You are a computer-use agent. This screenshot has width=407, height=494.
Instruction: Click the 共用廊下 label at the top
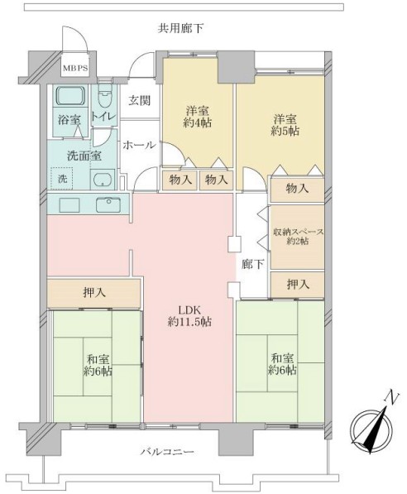pos(180,29)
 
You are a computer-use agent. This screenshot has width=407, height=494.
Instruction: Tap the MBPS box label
pos(75,68)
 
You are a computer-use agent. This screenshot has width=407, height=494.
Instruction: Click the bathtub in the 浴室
pos(71,97)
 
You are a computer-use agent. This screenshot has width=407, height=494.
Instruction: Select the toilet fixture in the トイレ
pos(104,96)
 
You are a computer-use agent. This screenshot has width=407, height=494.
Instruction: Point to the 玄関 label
pos(140,101)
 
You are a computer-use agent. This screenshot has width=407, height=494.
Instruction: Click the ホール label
pos(139,146)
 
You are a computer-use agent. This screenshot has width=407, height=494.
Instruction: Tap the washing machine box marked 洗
pos(62,179)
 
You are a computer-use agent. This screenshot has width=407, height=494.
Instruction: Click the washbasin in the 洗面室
pos(102,180)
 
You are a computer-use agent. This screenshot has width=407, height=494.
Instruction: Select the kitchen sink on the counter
pos(108,205)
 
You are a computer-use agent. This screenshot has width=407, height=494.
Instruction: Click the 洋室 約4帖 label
pos(197,117)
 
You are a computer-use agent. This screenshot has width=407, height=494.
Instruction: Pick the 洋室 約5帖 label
pos(285,125)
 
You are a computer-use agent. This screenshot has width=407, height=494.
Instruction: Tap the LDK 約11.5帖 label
pos(189,316)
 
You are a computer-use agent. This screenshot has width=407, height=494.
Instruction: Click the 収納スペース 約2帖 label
pos(298,237)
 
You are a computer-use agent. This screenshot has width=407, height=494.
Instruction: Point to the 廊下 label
pos(252,264)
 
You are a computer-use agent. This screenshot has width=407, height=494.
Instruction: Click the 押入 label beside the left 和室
pos(94,293)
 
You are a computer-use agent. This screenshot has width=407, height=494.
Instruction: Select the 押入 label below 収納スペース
pos(298,285)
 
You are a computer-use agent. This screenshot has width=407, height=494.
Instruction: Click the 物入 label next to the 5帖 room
pos(297,189)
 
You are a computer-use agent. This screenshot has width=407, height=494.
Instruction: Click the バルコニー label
pos(167,452)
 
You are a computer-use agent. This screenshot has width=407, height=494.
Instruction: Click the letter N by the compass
pos(391,397)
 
